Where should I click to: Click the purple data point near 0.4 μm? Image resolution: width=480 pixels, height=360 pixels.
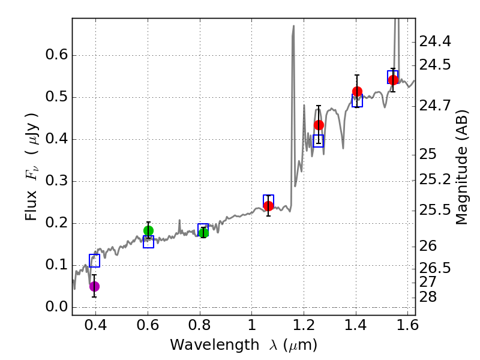(94, 286)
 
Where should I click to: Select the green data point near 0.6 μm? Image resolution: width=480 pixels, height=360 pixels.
(148, 230)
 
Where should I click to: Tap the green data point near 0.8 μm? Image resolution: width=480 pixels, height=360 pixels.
(203, 233)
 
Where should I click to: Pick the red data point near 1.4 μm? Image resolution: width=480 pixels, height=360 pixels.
(357, 91)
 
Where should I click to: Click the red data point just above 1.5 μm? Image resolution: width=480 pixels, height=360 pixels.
(393, 80)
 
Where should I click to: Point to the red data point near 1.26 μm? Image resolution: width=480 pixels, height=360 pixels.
(319, 125)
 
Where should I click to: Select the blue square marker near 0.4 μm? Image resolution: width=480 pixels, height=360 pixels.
(94, 260)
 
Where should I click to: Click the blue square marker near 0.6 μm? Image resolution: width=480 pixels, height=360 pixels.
(148, 242)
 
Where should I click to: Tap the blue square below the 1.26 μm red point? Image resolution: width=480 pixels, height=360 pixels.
(319, 141)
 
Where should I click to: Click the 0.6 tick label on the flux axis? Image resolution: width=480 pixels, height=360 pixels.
(58, 55)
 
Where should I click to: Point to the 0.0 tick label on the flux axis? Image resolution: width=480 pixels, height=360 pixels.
(58, 307)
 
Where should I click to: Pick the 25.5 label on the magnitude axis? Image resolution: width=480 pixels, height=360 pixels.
(435, 210)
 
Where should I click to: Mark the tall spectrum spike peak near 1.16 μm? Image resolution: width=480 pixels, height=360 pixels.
(293, 26)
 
